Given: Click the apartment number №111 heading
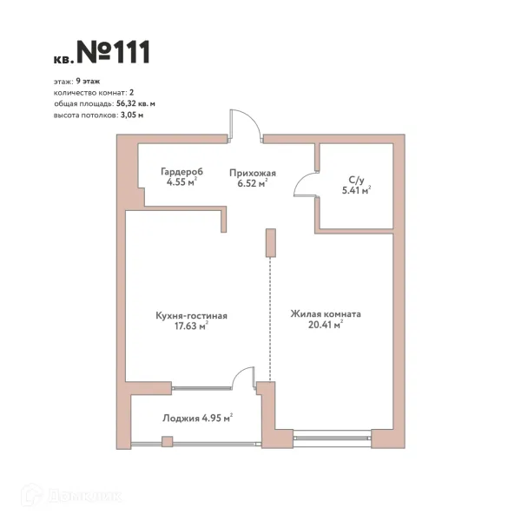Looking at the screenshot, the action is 113,52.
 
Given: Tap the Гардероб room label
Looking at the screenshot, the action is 181,171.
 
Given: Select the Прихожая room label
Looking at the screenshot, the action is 253,173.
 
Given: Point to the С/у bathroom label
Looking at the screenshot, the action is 356,180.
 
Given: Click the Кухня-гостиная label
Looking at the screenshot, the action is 191,315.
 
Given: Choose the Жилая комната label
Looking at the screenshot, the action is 326,314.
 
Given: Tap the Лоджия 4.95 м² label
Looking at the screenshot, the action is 197,418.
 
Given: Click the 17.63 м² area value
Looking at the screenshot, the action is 191,326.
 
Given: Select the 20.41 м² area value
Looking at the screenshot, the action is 326,325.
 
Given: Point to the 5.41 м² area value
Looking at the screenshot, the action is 357,191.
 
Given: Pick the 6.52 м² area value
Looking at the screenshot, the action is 253,183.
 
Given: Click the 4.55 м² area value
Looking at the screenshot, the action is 181,182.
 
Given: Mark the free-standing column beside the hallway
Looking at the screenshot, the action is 270,243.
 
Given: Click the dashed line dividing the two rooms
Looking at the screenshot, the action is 270,320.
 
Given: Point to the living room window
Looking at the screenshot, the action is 333,438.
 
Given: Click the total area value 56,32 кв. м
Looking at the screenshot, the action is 135,103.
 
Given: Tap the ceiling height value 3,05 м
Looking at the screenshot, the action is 132,115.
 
